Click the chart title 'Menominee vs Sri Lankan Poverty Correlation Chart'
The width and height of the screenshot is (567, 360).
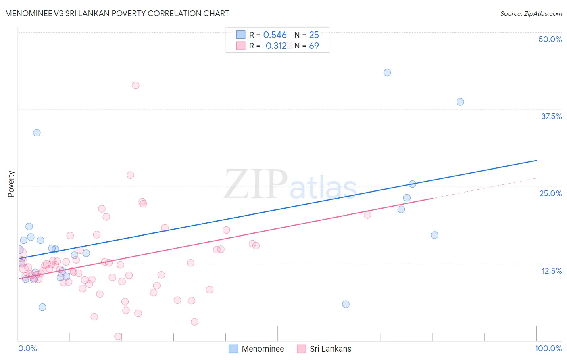click(x=117, y=13)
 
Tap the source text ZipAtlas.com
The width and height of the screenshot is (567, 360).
click(x=531, y=13)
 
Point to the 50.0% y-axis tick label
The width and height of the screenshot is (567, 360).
click(x=550, y=39)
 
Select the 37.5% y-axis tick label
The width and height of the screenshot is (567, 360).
click(x=551, y=116)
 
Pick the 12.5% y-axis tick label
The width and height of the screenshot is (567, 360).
click(x=551, y=271)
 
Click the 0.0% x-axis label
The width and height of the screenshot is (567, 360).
click(x=27, y=348)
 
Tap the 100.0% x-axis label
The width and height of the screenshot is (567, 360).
click(x=548, y=348)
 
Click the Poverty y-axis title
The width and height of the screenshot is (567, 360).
click(x=11, y=184)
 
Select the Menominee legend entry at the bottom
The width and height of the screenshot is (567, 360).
click(x=256, y=349)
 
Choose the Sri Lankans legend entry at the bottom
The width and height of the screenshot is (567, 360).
click(x=324, y=349)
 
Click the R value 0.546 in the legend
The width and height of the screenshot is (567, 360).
click(x=275, y=35)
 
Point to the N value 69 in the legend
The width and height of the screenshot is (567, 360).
click(x=314, y=46)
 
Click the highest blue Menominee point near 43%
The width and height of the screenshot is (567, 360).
click(x=387, y=73)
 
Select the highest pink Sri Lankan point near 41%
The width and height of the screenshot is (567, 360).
click(x=135, y=85)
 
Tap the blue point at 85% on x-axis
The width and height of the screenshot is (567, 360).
click(x=460, y=102)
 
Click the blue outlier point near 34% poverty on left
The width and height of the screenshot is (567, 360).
click(x=37, y=133)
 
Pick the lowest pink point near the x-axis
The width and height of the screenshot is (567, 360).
click(x=118, y=337)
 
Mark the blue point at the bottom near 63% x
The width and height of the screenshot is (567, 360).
click(x=346, y=304)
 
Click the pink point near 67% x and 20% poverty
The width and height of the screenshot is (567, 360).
click(x=367, y=215)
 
